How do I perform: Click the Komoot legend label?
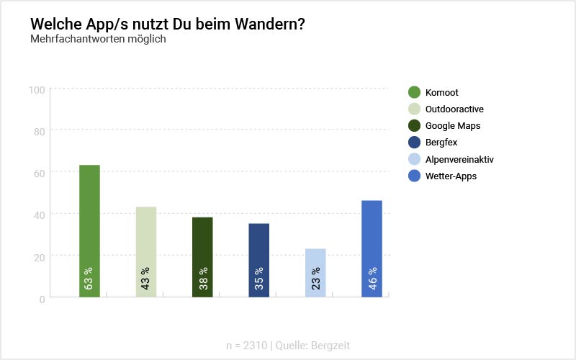point(441,92)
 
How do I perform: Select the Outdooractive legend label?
point(454,109)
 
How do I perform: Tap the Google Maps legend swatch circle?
point(414,125)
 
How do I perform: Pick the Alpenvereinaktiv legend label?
point(459,159)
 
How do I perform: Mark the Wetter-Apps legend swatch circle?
point(414,176)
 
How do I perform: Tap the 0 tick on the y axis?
point(42,298)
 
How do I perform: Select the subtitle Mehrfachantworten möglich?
point(98,39)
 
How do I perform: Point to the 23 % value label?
point(315,278)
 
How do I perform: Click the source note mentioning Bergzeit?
point(288,346)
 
